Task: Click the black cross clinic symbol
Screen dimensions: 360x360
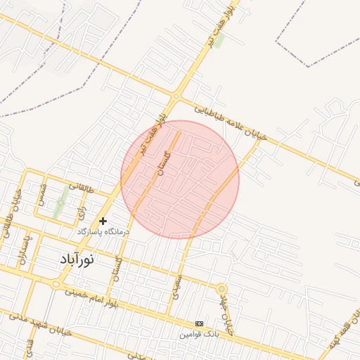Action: click(103, 221)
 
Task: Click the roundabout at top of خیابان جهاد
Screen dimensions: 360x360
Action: click(221, 288)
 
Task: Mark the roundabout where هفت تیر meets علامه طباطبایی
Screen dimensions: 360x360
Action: click(176, 96)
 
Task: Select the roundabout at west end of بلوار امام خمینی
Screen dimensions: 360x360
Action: click(56, 285)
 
